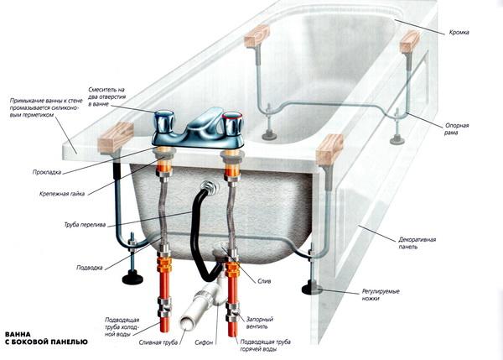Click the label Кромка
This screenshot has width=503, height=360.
click(459, 33)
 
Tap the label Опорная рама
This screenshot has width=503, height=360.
click(457, 128)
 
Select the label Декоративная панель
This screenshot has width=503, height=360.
click(417, 243)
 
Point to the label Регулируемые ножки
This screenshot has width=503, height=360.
click(381, 295)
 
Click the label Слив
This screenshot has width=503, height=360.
click(264, 281)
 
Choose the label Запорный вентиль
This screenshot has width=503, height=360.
click(259, 323)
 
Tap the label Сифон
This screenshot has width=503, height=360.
click(204, 342)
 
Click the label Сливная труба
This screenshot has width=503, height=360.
click(158, 342)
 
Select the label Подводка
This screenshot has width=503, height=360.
click(89, 268)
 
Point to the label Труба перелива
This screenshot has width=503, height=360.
click(85, 225)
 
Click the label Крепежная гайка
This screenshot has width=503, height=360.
click(62, 194)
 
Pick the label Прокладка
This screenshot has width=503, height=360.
click(46, 172)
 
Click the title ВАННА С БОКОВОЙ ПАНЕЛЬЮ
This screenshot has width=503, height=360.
click(46, 338)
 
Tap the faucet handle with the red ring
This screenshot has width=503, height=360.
click(233, 123)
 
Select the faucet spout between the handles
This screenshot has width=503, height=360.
click(205, 122)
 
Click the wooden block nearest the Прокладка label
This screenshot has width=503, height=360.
click(116, 138)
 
